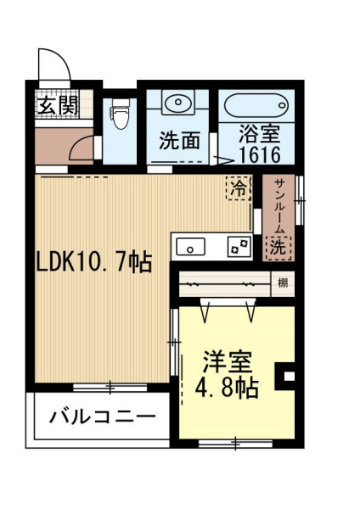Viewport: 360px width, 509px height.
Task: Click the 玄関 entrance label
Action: (58, 105)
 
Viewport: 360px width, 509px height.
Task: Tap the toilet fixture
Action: (120, 113)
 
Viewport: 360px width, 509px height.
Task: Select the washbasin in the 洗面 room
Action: (177, 102)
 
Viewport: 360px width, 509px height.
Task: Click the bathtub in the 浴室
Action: (256, 105)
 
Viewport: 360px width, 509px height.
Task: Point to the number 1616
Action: (260, 154)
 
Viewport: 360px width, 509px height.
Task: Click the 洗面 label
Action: (179, 142)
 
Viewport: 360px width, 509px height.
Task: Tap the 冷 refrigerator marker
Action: (239, 188)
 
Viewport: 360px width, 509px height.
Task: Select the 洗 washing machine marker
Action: (278, 248)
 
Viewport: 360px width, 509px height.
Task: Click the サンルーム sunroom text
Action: (279, 206)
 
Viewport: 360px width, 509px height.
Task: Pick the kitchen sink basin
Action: (190, 246)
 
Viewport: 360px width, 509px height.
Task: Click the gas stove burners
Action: (239, 246)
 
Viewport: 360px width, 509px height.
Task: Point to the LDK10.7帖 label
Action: (94, 261)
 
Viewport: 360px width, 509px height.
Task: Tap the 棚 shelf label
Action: (283, 283)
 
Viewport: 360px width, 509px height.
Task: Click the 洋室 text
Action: (228, 361)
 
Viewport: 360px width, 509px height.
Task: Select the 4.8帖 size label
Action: (227, 388)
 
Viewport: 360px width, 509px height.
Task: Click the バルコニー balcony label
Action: (102, 417)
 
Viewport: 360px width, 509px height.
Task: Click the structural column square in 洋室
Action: (285, 376)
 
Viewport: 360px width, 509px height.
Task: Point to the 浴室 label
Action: (260, 134)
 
